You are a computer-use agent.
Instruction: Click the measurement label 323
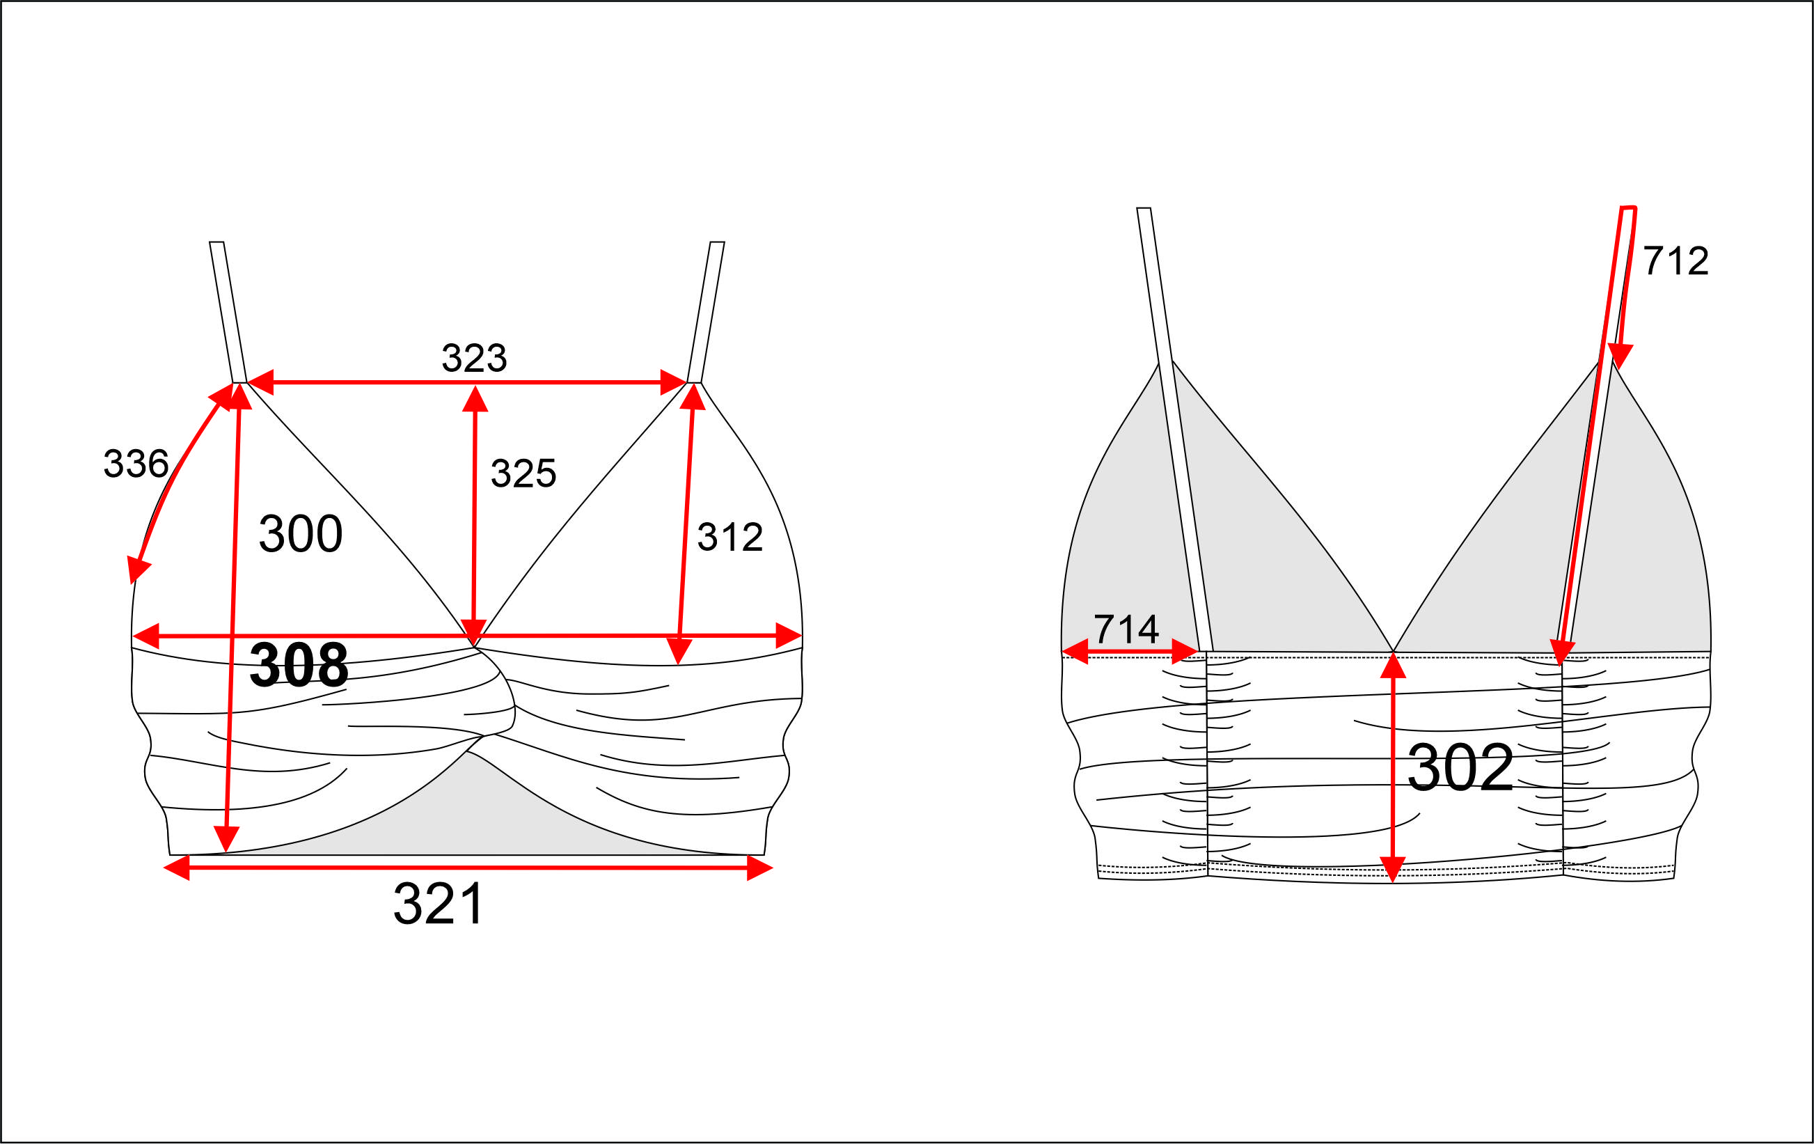(474, 358)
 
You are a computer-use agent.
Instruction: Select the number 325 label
(523, 473)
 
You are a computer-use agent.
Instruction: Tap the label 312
(730, 537)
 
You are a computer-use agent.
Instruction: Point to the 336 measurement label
(136, 463)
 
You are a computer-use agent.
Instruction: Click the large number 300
(301, 533)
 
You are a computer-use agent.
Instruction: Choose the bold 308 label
(299, 665)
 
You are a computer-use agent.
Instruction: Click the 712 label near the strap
(1675, 260)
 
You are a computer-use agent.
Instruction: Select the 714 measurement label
(1126, 629)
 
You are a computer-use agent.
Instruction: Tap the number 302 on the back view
(1460, 768)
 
